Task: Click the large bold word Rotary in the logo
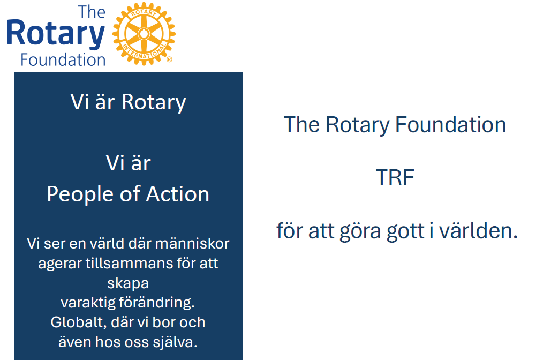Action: pos(56,34)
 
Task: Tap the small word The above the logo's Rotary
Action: pos(92,12)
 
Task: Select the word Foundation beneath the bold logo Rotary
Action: pos(63,60)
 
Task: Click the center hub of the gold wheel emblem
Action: pos(144,34)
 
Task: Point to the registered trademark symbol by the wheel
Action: pos(169,59)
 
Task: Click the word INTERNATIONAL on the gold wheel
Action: pos(145,52)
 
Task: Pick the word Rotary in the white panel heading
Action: pos(154,102)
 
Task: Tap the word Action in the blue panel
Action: pos(177,194)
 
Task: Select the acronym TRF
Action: pos(395,177)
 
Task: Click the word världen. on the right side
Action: pos(479,231)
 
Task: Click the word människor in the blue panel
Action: pos(192,243)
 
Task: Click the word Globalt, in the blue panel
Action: pos(78,322)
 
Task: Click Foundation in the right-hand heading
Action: pos(450,125)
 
